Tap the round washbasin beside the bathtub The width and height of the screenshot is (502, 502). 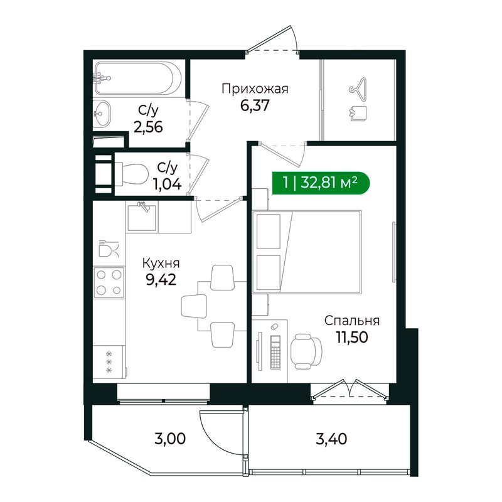click(x=102, y=114)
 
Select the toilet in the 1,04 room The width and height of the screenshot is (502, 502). click(x=131, y=174)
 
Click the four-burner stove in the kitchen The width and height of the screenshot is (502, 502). click(x=109, y=282)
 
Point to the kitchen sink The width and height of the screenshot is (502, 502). click(x=142, y=217)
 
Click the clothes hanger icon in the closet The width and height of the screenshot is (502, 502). click(x=358, y=86)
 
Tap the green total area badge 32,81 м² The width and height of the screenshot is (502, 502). click(x=321, y=183)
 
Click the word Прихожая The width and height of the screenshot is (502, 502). click(x=255, y=88)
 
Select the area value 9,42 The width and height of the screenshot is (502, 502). click(x=161, y=280)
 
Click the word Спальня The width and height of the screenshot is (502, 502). click(x=352, y=321)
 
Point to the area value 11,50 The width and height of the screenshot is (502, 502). click(x=352, y=337)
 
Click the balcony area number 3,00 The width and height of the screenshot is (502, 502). click(x=170, y=439)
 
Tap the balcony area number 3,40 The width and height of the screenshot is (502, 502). click(x=331, y=439)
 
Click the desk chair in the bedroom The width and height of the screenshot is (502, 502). click(x=306, y=351)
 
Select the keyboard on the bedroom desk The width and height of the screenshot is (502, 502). click(x=275, y=352)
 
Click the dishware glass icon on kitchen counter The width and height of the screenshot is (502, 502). click(x=109, y=248)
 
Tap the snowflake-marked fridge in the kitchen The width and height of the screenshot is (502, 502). click(x=109, y=363)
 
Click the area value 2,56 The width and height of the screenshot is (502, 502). click(x=148, y=127)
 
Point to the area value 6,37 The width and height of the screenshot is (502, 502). click(x=255, y=105)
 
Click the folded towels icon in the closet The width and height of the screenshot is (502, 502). click(x=358, y=114)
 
